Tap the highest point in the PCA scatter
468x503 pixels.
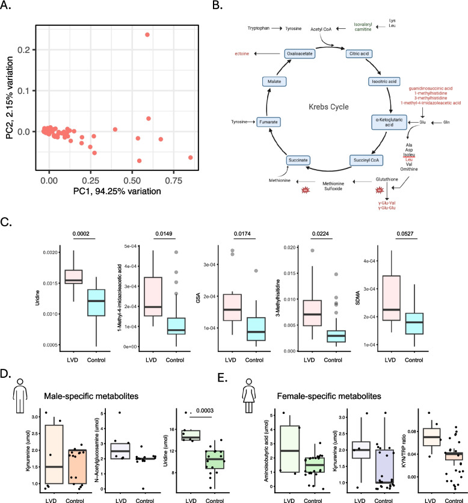pos(147,34)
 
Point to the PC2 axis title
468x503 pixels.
pos(11,99)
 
